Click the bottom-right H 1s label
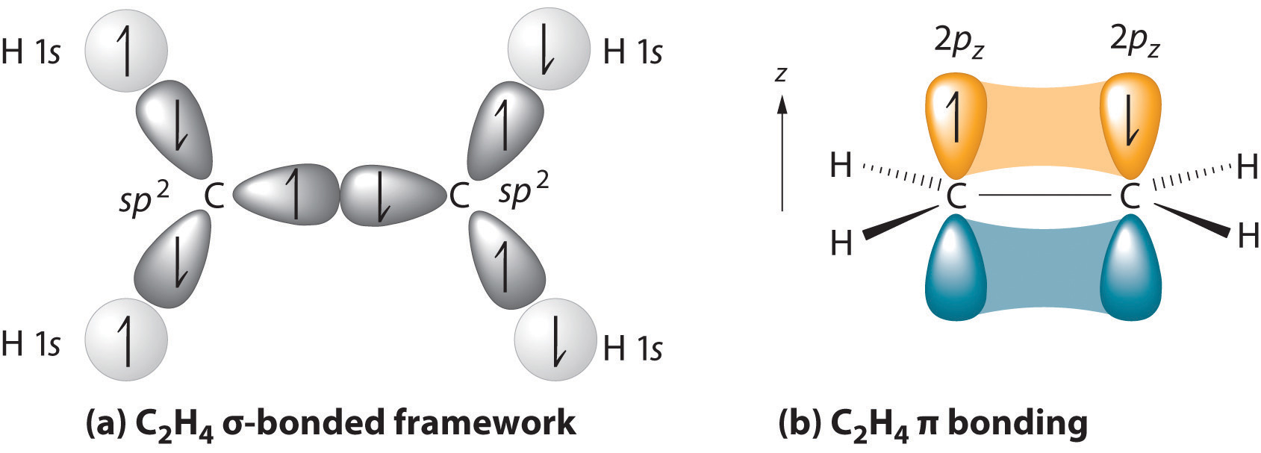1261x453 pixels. coord(632,348)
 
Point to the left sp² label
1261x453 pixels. coord(144,201)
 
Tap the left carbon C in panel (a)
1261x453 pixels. coord(214,197)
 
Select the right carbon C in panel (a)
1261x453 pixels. coord(458,196)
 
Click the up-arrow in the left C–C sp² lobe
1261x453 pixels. coord(296,196)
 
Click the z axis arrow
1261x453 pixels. coord(782,149)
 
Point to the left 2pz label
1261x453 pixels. coord(959,40)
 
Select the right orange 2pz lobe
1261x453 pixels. coord(1131,122)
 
